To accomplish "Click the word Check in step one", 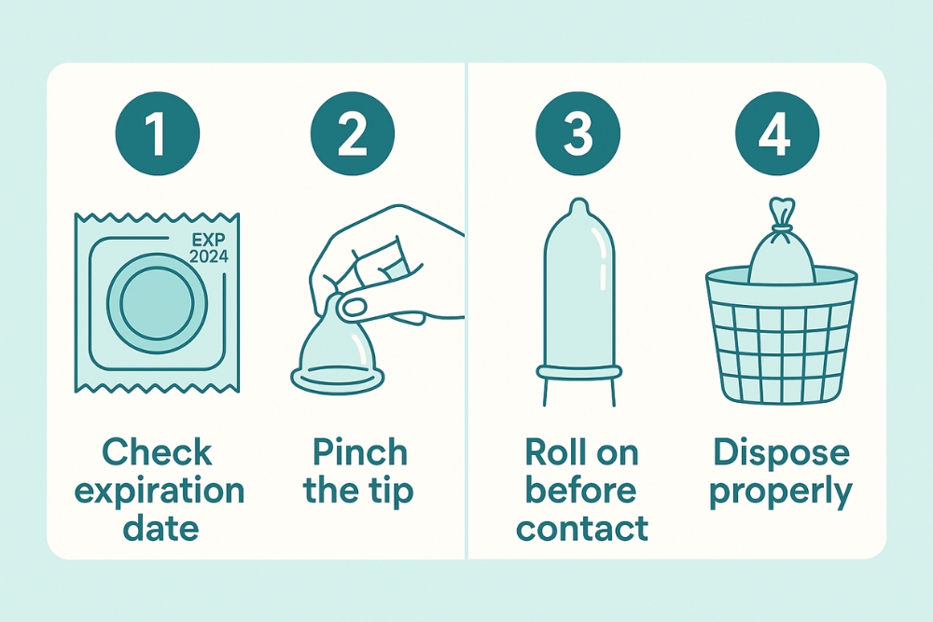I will pos(158,453).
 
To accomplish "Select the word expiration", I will pos(159,491).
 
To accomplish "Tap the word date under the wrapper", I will pos(158,528).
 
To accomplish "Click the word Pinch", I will pos(359,453).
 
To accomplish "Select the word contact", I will pos(581,528).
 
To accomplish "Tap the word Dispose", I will pos(781,453).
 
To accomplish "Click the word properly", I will pos(781,491).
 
